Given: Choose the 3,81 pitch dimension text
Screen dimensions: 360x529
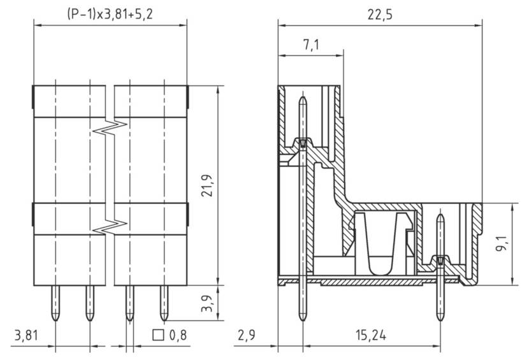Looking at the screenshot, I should point(26,335).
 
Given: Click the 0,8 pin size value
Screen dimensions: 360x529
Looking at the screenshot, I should point(178,335).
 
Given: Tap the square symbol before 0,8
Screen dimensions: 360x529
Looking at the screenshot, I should point(158,335).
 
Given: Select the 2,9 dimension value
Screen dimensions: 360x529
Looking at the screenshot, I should point(247,335).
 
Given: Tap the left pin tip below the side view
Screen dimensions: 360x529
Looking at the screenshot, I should point(302,315).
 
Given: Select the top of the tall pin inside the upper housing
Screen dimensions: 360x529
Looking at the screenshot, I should point(302,102).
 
